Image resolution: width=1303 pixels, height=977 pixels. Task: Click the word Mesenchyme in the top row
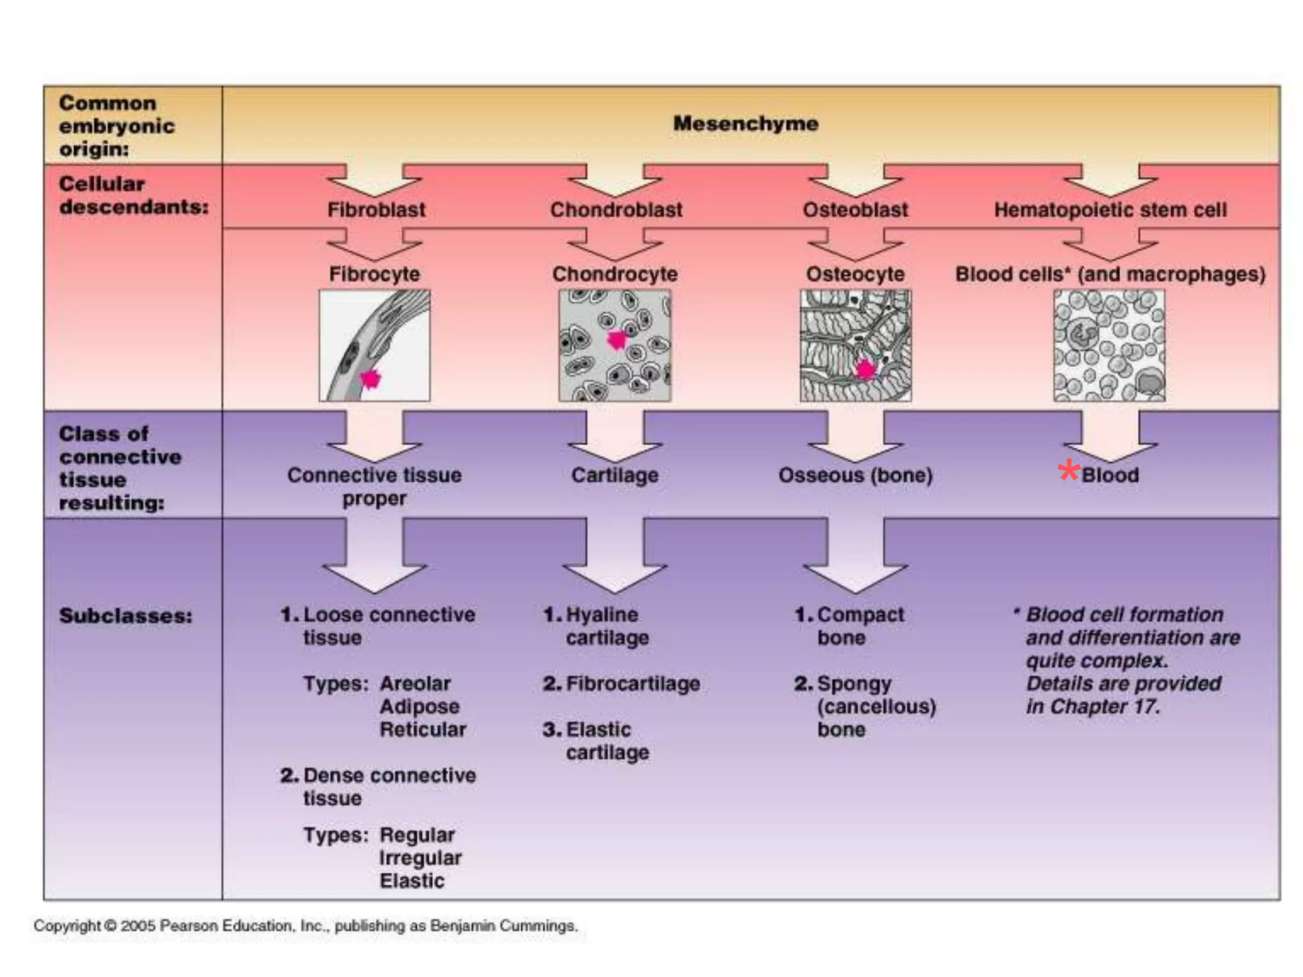click(746, 123)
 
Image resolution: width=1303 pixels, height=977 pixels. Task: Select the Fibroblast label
click(376, 210)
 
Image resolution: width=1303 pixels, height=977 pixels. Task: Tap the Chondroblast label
click(616, 210)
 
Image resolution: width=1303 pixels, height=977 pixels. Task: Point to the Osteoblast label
click(855, 210)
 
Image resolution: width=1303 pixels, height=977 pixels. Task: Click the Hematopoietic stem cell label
click(1110, 210)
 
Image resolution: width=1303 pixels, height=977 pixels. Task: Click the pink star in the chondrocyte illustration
click(617, 340)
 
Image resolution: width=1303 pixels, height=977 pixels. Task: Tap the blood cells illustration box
click(1109, 345)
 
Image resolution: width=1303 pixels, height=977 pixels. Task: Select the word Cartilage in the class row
click(615, 475)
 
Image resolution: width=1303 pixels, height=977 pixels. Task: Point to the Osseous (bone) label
click(855, 475)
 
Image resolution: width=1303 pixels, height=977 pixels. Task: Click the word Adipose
click(419, 707)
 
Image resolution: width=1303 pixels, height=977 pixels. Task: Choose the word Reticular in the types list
click(422, 730)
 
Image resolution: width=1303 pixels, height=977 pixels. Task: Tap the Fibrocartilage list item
click(632, 684)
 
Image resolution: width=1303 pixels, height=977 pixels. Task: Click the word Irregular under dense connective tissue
click(420, 858)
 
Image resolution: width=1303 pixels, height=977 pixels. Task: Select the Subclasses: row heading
click(125, 616)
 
